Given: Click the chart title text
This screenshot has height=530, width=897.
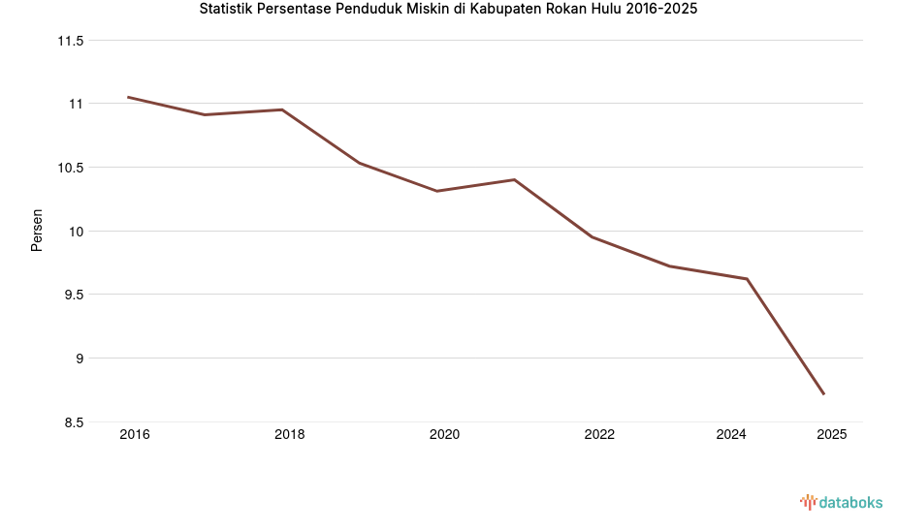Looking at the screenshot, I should point(448,10).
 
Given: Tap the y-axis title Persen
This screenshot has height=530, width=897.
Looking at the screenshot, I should point(37,231).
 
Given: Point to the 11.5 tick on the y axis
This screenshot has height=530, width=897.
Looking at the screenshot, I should point(71,41).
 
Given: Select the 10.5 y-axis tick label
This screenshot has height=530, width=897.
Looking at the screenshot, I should point(71,168).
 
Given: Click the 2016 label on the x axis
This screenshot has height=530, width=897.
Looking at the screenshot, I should point(135,435).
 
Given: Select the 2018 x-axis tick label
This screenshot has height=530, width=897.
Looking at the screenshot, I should point(289,435).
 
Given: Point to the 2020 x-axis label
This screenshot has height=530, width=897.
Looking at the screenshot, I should point(444,435).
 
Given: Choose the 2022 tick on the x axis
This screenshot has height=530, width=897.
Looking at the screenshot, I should point(599,435).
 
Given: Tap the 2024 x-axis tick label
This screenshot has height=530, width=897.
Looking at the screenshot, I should point(731,435).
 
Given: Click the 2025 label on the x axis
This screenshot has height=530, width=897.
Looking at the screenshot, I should point(831,435).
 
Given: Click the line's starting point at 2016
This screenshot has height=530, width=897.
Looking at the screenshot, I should point(128,97).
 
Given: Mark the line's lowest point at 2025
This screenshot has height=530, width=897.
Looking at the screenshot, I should point(823,393).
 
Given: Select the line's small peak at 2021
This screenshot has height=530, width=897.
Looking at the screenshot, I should point(514,179).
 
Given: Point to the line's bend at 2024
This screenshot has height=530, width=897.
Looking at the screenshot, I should point(747,279).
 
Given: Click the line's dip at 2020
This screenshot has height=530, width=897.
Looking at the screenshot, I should point(436,191).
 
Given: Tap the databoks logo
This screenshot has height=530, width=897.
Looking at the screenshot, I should point(841,502).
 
